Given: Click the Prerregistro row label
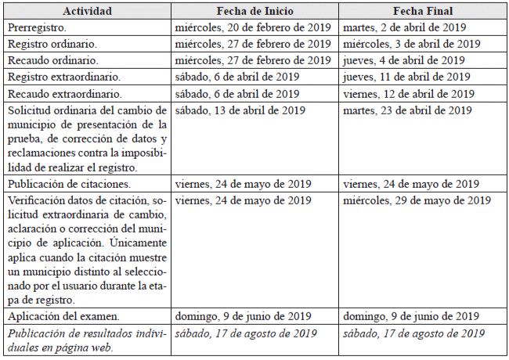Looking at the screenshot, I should (39, 27).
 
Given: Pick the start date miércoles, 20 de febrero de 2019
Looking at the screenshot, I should (254, 27).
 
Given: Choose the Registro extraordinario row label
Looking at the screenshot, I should (64, 77).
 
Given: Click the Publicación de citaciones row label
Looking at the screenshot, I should (69, 184).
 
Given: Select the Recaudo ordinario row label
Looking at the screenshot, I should (53, 60).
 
